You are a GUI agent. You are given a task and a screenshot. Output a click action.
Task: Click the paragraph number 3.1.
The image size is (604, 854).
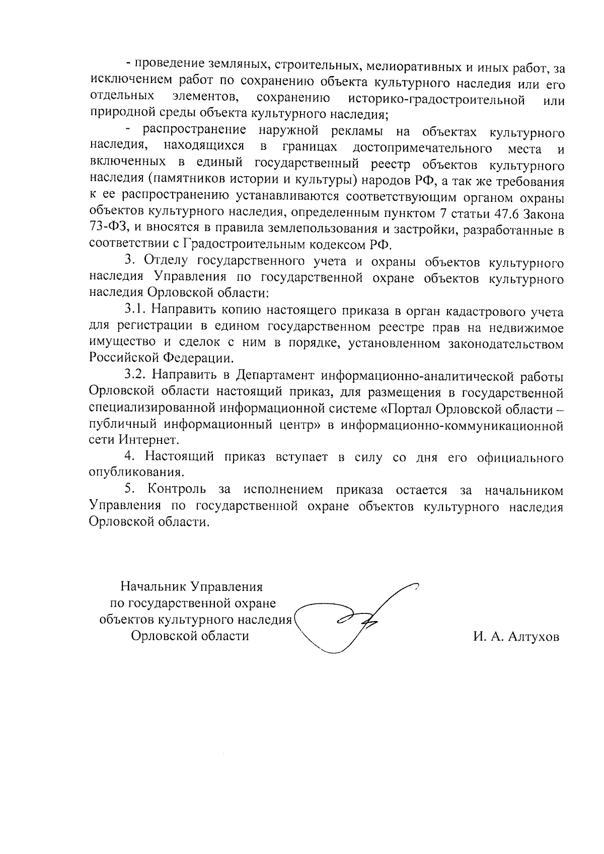click(135, 310)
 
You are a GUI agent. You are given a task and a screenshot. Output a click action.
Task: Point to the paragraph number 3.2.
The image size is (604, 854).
click(135, 376)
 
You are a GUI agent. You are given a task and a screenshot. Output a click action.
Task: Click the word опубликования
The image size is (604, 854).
click(135, 473)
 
